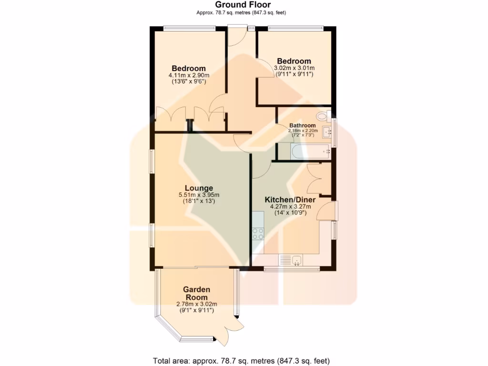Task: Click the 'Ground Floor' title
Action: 243,5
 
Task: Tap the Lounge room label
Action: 199,188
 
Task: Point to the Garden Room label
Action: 196,293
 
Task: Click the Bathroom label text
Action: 302,126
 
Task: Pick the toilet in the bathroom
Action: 323,115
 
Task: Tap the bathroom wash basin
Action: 327,132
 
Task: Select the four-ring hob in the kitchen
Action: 258,234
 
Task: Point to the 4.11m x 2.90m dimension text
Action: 189,75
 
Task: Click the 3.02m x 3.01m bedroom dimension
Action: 294,68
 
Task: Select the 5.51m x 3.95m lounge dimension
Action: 199,195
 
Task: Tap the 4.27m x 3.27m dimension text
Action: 291,207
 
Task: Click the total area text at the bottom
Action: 241,360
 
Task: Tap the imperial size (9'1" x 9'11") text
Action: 196,310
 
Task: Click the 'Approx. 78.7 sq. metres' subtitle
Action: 243,12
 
